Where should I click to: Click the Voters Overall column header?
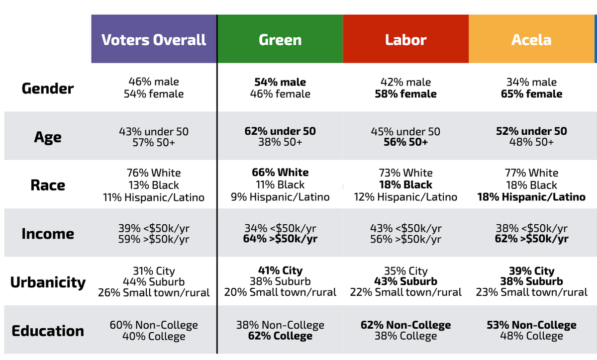154,40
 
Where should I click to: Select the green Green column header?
280,40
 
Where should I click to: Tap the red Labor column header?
405,40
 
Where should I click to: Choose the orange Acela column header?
531,40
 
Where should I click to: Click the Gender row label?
48,89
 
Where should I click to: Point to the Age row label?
48,137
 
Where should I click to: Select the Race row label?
48,185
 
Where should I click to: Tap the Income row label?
48,234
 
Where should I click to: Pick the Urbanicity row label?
48,282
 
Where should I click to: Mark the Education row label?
48,331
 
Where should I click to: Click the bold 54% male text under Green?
280,82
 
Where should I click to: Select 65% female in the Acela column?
531,94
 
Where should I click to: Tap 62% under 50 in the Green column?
280,131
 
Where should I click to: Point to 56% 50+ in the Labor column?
405,142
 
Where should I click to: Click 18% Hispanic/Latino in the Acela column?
531,197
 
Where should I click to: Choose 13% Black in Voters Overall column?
154,185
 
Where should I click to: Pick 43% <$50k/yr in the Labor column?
405,228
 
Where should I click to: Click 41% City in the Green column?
280,270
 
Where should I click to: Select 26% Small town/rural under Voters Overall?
154,292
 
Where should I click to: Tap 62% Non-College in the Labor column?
405,325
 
